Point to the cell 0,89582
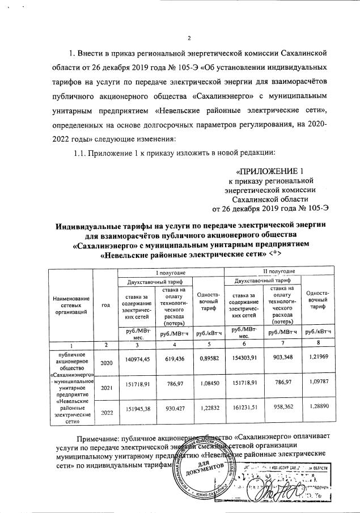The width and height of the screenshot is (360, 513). (207, 360)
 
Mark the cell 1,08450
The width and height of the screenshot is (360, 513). (207, 391)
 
